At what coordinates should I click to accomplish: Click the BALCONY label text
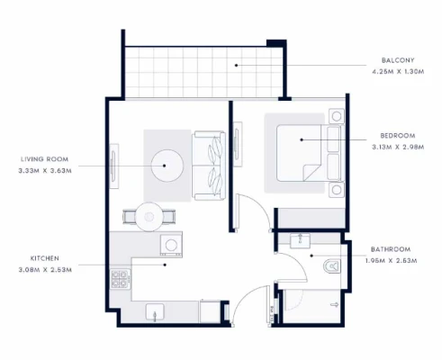click(x=398, y=60)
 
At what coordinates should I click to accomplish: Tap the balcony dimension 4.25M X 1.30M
click(x=398, y=72)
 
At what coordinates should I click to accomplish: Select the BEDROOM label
click(x=398, y=136)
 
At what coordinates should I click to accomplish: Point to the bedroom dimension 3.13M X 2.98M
click(x=398, y=147)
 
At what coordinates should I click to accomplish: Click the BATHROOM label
click(x=391, y=249)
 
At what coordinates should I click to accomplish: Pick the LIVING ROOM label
click(x=44, y=159)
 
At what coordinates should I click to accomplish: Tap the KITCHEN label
click(x=45, y=258)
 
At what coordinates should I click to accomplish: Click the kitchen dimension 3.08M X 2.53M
click(x=45, y=270)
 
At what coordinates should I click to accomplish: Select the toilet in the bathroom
click(x=332, y=266)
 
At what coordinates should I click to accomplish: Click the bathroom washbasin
click(x=300, y=240)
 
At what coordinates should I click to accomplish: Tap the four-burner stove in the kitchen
click(x=120, y=279)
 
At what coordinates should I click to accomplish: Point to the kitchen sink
click(x=155, y=312)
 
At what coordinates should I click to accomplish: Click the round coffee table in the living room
click(x=167, y=166)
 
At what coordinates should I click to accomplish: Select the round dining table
click(x=149, y=217)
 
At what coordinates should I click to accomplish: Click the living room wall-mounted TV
click(x=113, y=166)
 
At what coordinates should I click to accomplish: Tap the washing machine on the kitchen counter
click(x=171, y=246)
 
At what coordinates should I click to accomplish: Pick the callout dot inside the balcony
click(x=236, y=65)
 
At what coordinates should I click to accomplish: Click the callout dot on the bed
click(x=302, y=139)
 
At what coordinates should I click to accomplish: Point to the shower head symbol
click(x=334, y=305)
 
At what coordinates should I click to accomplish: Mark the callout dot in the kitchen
click(x=165, y=265)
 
